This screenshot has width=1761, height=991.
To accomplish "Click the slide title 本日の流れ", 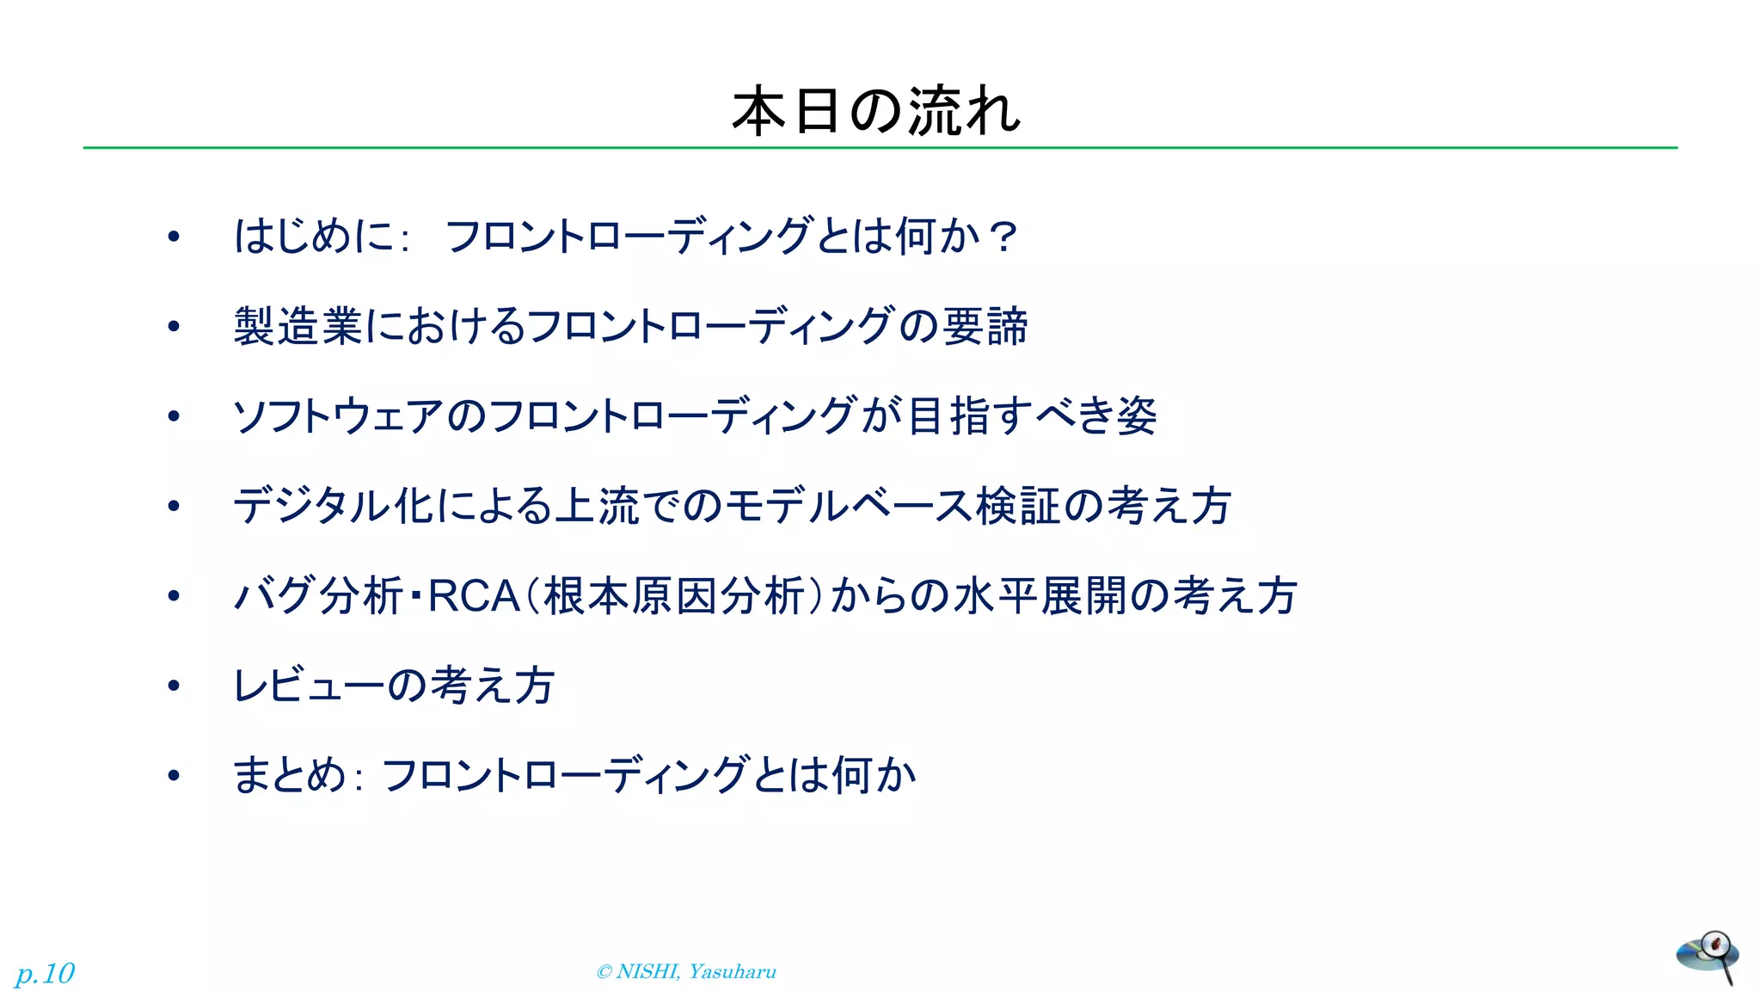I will pos(875,112).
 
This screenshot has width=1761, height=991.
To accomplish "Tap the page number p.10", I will pos(46,974).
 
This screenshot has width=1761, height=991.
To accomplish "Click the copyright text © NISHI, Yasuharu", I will pos(686,972).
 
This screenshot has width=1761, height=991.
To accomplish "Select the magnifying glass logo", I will pos(1708,955).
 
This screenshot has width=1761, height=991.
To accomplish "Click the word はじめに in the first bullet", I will pos(313,237).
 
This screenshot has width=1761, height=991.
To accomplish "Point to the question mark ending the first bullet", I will pos(1003,237).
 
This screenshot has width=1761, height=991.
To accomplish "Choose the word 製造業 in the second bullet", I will pos(298,327).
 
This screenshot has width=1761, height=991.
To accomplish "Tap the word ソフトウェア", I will pos(339,416).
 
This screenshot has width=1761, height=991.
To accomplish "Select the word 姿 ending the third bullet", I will pos(1137,416).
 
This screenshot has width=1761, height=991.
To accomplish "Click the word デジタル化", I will pos(333,506).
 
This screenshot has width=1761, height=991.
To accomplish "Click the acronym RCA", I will pos(474,596).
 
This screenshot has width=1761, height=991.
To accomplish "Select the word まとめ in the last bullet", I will pos(289,775).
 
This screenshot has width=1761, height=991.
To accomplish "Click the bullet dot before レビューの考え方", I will pos(174,686).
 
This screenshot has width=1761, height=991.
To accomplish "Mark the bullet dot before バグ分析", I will pos(174,596).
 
